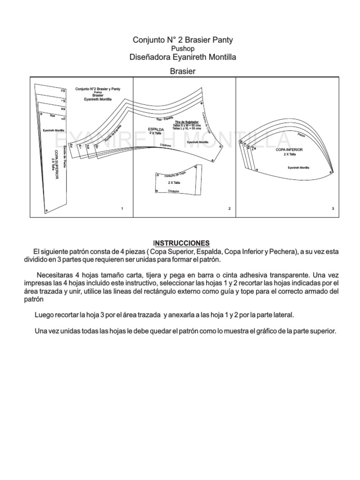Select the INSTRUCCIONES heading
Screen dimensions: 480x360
[x=183, y=243]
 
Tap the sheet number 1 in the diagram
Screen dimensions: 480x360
[x=122, y=208]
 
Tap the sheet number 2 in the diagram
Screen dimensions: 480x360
[x=229, y=208]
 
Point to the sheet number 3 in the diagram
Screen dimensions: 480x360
[x=332, y=208]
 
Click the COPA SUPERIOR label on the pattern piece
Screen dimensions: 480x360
[x=56, y=165]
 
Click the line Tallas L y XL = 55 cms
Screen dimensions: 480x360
[x=187, y=128]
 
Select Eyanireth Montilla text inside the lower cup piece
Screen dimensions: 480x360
[x=299, y=167]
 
